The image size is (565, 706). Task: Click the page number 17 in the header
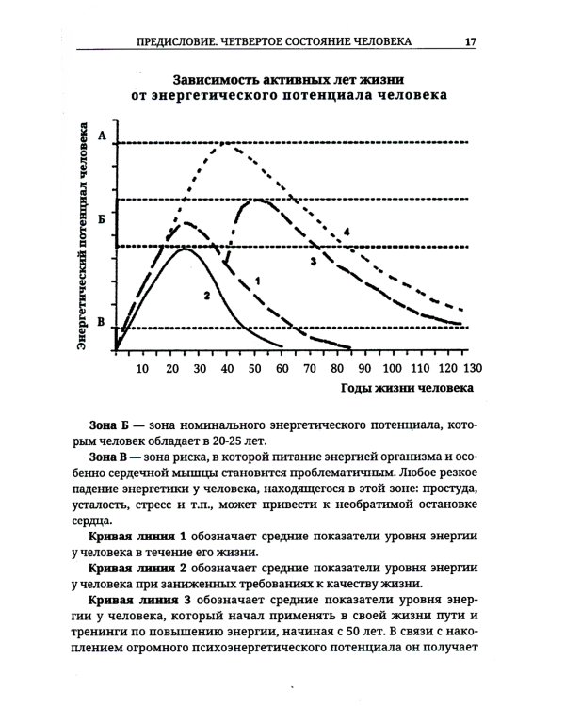pos(469,41)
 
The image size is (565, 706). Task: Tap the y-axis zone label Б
pos(101,216)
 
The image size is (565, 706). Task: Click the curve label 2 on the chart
pos(203,295)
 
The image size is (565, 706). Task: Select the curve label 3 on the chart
pos(311,260)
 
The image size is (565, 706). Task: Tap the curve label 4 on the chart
pos(347,231)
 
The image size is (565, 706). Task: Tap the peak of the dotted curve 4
pos(226,143)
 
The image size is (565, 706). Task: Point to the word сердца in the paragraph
pos(102,523)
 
